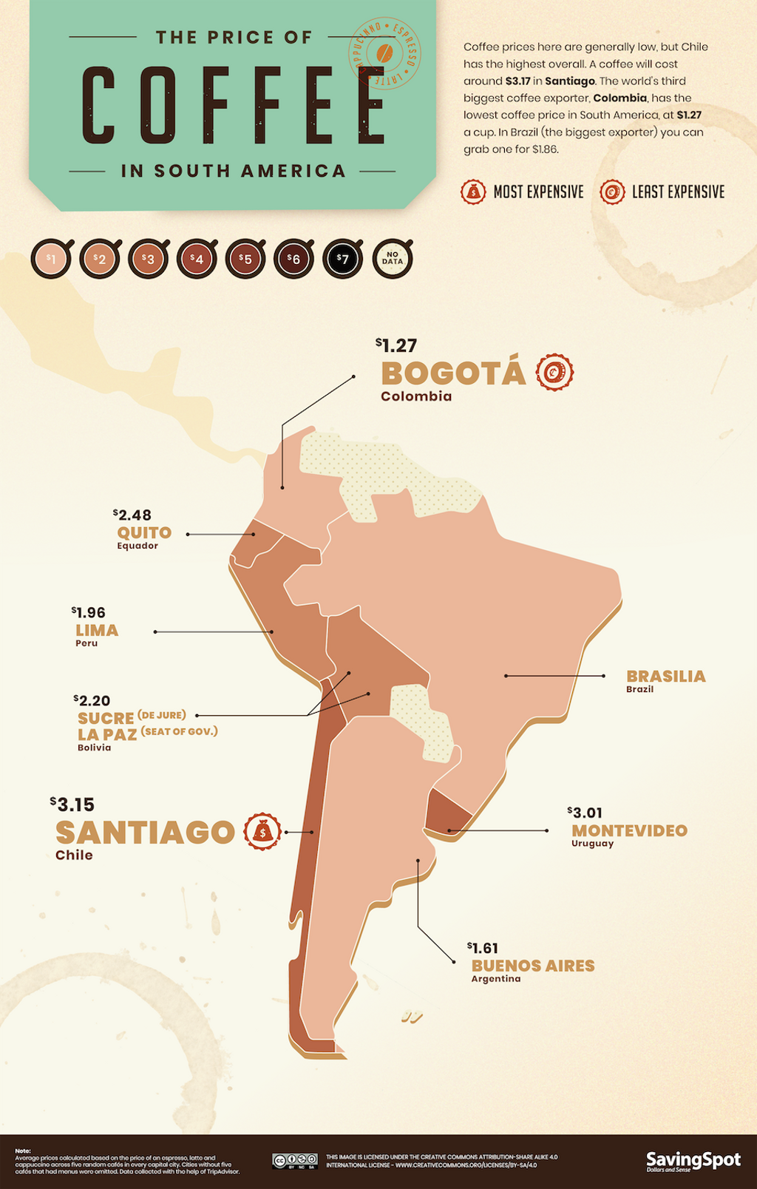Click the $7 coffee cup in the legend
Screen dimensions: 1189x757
tap(342, 259)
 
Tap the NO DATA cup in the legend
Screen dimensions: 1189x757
tap(392, 259)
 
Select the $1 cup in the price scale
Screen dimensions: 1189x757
tap(50, 259)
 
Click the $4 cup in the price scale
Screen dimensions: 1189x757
tap(196, 259)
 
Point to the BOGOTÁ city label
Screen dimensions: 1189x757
tap(452, 373)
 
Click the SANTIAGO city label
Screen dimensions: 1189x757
tap(145, 833)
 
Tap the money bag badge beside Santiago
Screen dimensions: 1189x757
tap(262, 832)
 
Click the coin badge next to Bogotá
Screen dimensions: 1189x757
tap(554, 372)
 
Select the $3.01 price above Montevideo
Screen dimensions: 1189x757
tap(585, 813)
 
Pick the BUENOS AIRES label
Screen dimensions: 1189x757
tap(533, 966)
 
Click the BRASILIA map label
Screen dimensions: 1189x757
tap(665, 676)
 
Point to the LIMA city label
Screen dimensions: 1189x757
tap(97, 631)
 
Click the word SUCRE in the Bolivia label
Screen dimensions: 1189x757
tap(106, 718)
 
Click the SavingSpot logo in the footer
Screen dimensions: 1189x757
tap(693, 1161)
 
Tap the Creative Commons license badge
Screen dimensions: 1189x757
tap(294, 1160)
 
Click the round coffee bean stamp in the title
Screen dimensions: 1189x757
tap(384, 53)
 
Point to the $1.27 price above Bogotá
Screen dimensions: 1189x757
tap(396, 345)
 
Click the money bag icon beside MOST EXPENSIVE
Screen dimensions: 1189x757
tap(473, 192)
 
